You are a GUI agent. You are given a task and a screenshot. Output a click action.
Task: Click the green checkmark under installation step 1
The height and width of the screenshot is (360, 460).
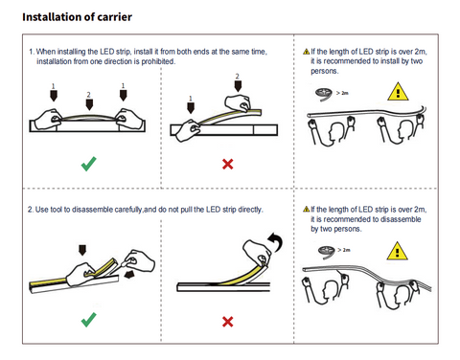[88, 164]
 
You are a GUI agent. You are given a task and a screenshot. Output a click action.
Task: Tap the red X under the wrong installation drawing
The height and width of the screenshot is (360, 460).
[228, 164]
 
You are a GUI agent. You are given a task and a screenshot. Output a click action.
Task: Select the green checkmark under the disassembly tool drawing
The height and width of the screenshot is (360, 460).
[88, 320]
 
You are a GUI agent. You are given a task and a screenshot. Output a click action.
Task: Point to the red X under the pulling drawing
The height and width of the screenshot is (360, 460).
[228, 322]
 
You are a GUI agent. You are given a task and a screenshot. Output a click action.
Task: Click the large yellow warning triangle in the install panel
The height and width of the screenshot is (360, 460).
[398, 92]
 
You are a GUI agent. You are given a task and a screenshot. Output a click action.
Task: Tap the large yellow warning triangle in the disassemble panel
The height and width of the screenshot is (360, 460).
[397, 251]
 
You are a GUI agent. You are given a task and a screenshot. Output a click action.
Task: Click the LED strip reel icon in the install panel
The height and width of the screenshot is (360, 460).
[324, 94]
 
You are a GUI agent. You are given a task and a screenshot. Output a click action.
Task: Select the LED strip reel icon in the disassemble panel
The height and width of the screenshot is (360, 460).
[326, 252]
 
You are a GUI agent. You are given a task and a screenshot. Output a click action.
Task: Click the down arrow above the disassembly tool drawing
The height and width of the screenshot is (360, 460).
[82, 250]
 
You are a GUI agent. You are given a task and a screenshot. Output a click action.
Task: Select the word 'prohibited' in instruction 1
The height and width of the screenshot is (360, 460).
[158, 61]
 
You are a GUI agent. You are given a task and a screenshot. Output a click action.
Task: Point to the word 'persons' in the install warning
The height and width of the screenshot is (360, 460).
[324, 71]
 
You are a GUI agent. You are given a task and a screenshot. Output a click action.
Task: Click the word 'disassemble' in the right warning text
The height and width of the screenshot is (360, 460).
[401, 219]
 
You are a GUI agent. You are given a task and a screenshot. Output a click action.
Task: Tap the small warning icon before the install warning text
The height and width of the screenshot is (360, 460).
[307, 52]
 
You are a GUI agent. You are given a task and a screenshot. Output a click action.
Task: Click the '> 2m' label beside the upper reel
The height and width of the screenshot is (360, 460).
[342, 93]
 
